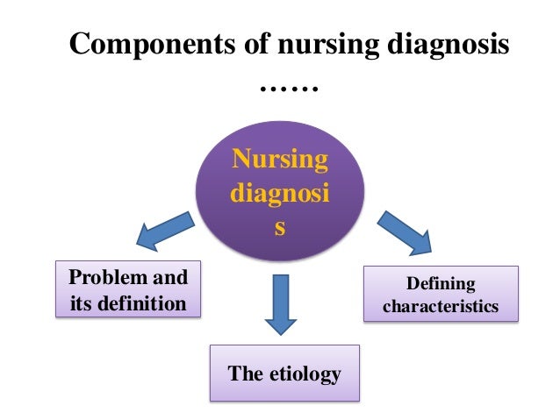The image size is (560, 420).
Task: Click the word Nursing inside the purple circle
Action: click(280, 160)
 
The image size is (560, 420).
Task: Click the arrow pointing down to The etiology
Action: click(280, 303)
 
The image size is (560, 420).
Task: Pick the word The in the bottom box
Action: click(244, 374)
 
